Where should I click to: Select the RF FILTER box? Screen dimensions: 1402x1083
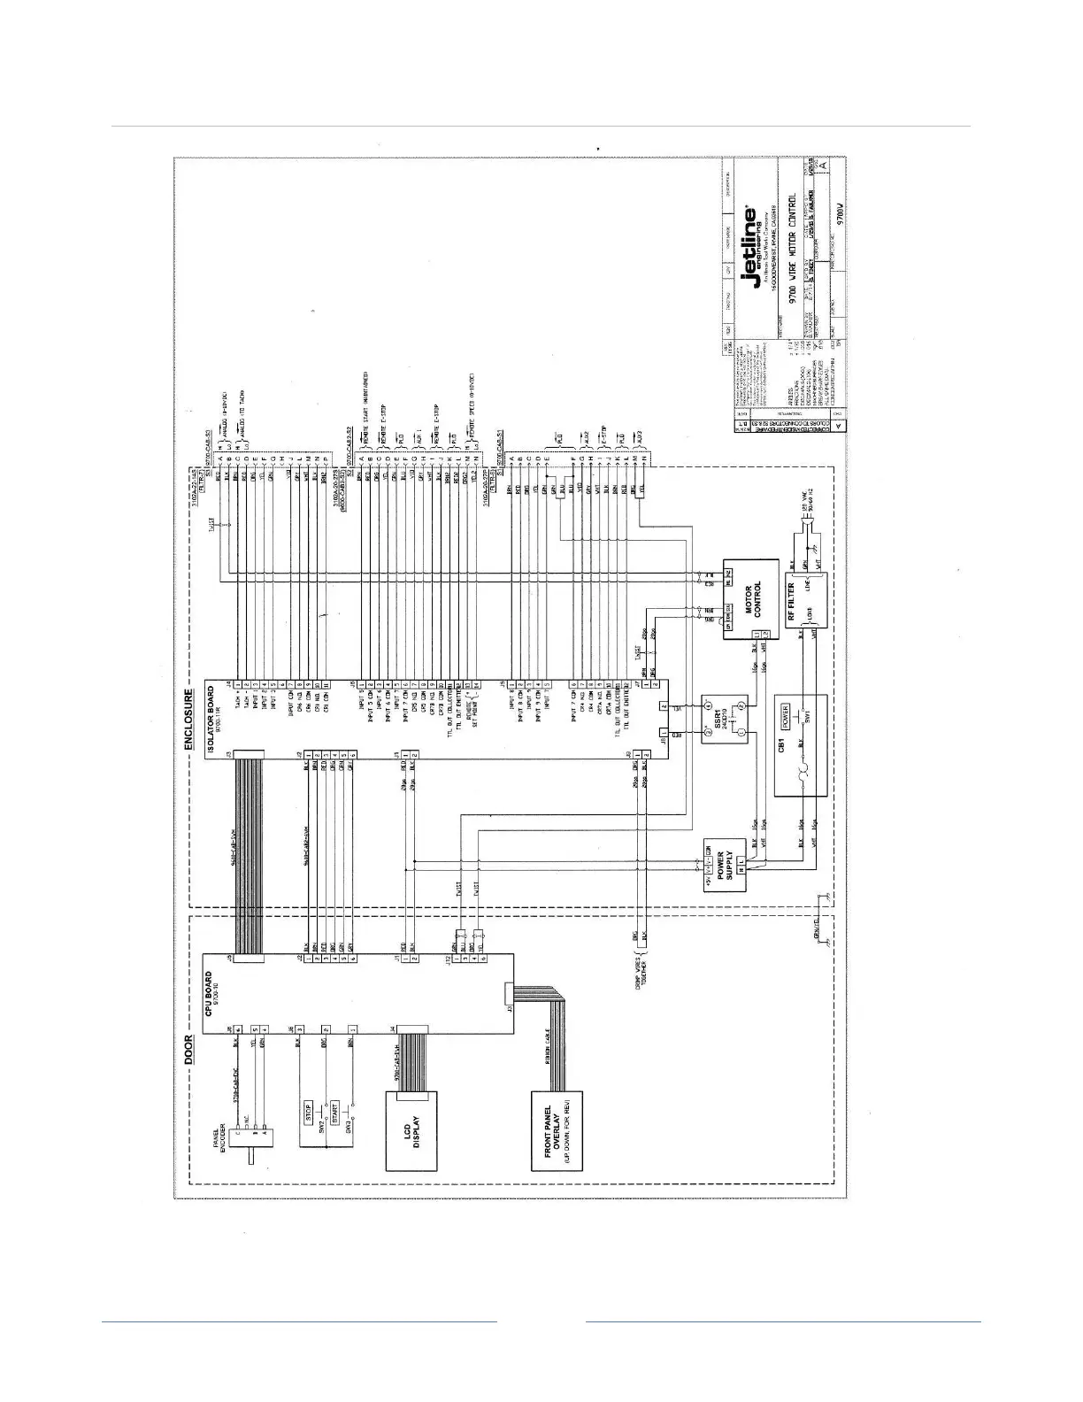tap(803, 599)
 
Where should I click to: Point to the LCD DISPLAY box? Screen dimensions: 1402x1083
tap(411, 1132)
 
